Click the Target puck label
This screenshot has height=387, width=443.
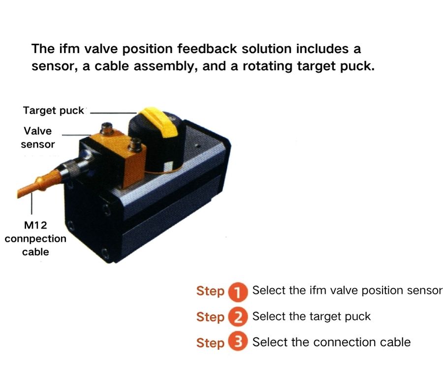click(53, 110)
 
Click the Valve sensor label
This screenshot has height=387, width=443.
click(37, 138)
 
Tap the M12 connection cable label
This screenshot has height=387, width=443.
click(35, 238)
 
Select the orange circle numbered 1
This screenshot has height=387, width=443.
click(238, 292)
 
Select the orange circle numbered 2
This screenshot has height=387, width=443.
click(238, 317)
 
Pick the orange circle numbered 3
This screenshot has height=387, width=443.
click(238, 343)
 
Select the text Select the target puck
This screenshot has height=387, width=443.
click(311, 316)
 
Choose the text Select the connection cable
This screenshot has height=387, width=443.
click(331, 342)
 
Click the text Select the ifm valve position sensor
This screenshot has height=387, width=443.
click(347, 290)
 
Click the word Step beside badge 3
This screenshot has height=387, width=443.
click(210, 343)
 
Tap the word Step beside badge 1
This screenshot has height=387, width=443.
click(210, 291)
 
